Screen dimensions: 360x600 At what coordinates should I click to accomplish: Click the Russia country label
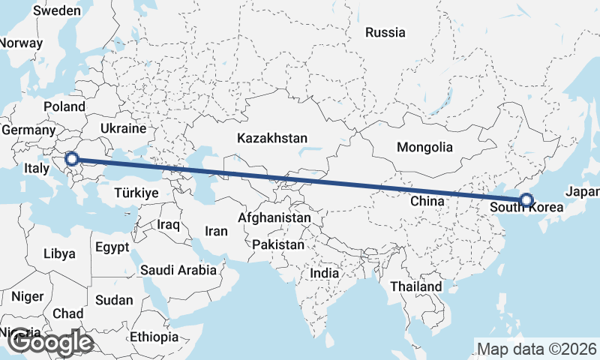[385, 32]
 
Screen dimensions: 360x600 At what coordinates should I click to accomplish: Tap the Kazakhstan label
[272, 139]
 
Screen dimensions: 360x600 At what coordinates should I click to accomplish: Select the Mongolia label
[425, 147]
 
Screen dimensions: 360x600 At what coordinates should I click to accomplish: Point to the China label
[427, 201]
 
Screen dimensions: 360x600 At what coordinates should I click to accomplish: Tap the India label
[325, 274]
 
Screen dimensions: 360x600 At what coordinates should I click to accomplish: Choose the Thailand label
[416, 286]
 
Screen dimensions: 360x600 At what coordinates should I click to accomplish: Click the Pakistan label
[278, 244]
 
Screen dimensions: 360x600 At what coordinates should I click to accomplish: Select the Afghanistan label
[274, 218]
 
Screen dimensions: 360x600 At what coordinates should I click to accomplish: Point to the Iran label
[216, 232]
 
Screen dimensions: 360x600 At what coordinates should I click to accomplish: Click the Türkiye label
[136, 193]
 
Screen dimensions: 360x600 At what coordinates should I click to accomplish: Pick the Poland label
[64, 106]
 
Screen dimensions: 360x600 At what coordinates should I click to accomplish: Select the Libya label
[60, 253]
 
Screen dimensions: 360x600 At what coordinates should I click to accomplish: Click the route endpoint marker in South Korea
[526, 200]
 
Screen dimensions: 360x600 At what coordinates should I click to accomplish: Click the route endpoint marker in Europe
[71, 158]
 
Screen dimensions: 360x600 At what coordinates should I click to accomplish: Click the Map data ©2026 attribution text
[537, 349]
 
